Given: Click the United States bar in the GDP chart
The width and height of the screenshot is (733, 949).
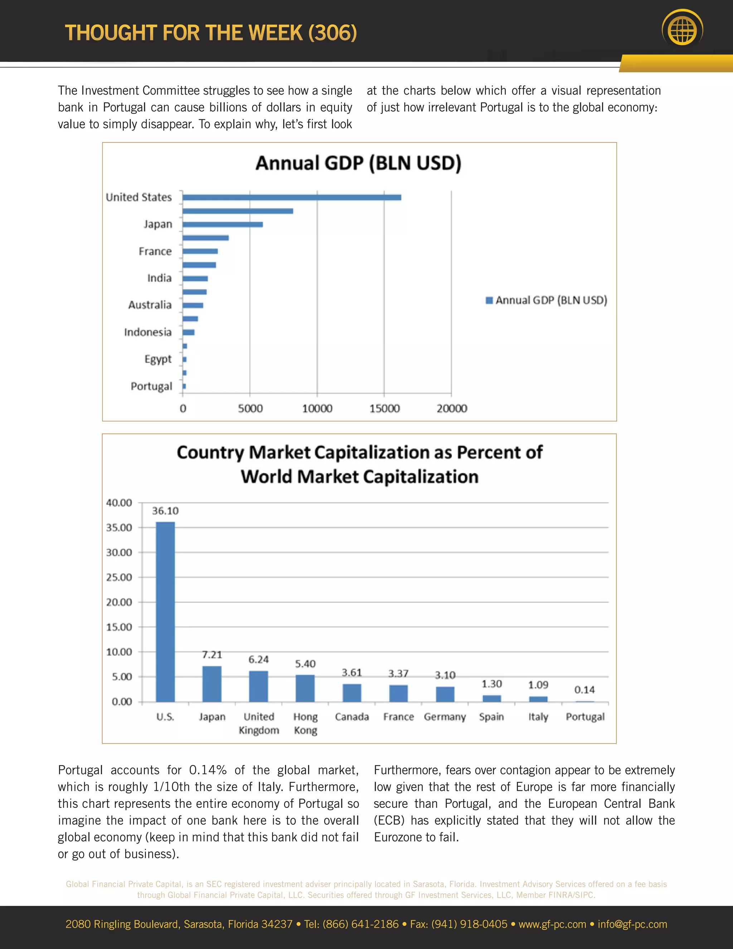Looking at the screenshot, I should [291, 197].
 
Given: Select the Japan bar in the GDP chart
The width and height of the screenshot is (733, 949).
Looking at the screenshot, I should [222, 225].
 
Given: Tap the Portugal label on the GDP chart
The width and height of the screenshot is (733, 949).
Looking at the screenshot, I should [151, 386].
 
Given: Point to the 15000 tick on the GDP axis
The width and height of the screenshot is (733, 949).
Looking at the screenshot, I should [384, 409].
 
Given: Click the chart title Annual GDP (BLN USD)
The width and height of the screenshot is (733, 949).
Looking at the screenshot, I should [358, 163].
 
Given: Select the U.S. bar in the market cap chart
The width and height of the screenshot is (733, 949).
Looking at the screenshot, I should [165, 611].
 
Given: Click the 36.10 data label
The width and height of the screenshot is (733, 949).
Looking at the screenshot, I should [165, 511].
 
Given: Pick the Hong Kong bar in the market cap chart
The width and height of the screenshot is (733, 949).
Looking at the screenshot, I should [305, 688].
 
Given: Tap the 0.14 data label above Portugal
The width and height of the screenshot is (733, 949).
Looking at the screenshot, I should [584, 690].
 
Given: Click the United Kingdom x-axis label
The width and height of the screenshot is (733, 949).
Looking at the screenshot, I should [259, 723].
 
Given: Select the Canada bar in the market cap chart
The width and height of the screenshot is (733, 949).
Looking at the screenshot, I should [352, 693].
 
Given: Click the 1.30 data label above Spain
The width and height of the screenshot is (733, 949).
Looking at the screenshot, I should [491, 684].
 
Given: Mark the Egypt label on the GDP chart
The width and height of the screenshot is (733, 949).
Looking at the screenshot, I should [158, 359].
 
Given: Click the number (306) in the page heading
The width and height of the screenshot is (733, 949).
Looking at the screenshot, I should [332, 33].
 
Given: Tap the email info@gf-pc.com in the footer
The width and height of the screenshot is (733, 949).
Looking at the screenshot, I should [632, 924].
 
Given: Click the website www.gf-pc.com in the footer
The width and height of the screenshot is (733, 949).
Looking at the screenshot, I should [552, 924].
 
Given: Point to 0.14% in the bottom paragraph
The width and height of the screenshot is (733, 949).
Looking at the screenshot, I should [208, 770].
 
